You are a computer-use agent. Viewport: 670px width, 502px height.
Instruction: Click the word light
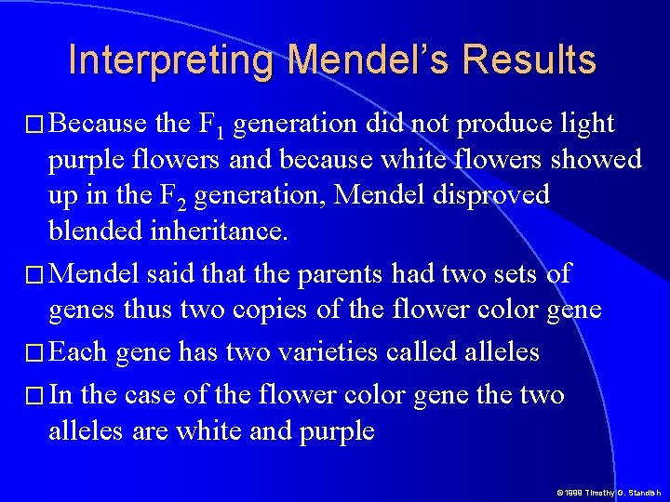pos(584,124)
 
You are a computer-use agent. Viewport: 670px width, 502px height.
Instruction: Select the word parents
pos(347,274)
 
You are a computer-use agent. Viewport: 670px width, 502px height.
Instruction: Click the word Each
pos(76,352)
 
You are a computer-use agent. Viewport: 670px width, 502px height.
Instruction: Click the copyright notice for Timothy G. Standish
pos(608,492)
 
